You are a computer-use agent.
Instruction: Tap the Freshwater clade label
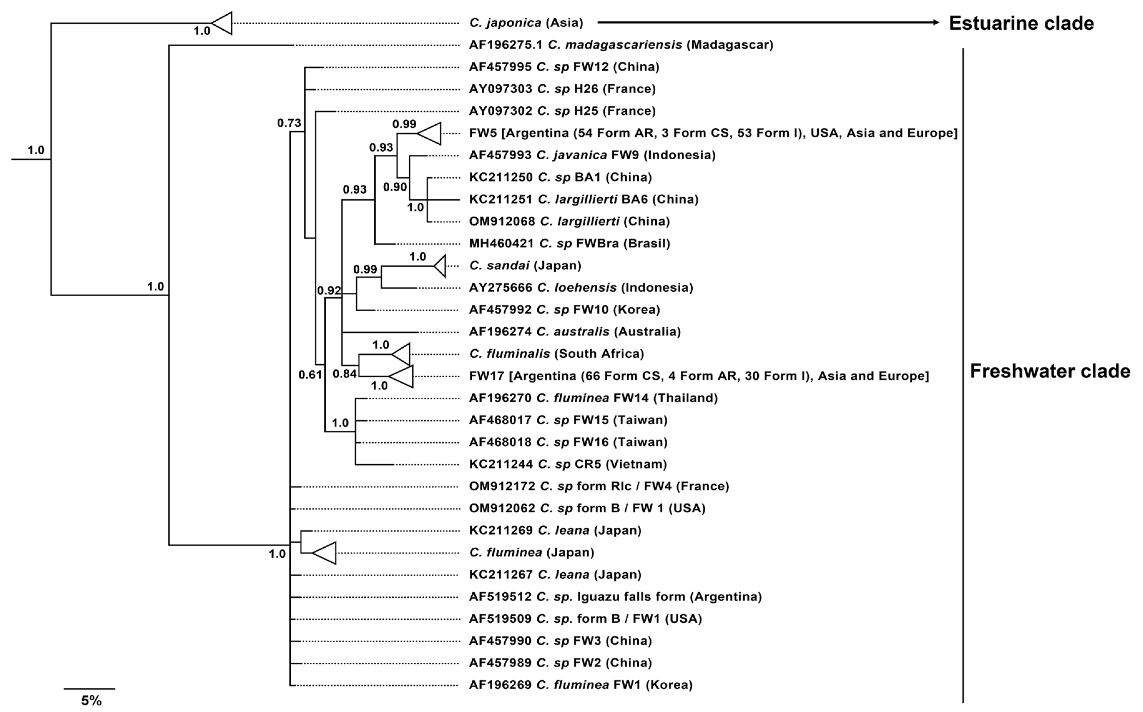point(1050,371)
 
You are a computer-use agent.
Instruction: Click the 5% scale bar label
point(91,701)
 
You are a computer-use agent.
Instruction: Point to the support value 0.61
point(310,375)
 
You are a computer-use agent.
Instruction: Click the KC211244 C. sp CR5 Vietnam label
point(568,464)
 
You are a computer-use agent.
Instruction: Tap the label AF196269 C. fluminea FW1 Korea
point(580,685)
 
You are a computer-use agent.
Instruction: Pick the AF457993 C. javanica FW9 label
point(592,155)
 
